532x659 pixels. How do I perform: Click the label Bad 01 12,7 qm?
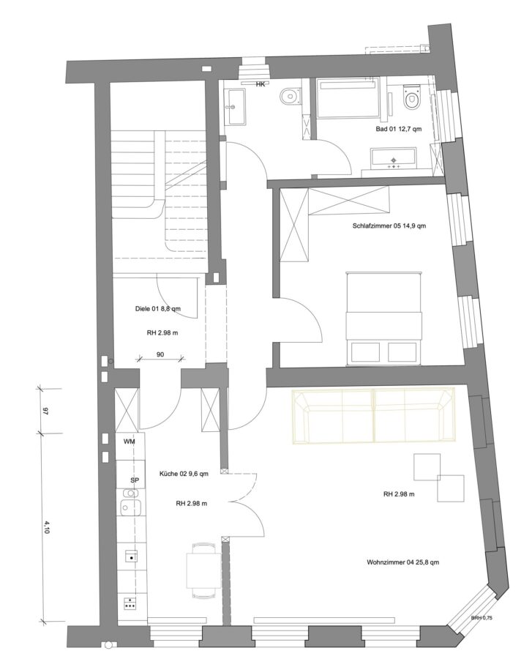pyautogui.click(x=399, y=129)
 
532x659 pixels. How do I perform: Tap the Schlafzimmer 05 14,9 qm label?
pyautogui.click(x=389, y=226)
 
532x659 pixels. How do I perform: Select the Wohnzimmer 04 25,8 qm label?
pyautogui.click(x=402, y=562)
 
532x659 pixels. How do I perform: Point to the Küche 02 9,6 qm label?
pyautogui.click(x=184, y=474)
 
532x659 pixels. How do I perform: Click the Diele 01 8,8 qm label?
pyautogui.click(x=158, y=309)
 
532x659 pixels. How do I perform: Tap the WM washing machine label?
pyautogui.click(x=129, y=442)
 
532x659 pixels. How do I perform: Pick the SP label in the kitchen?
pyautogui.click(x=135, y=480)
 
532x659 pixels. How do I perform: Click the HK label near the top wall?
pyautogui.click(x=261, y=84)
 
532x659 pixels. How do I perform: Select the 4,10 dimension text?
pyautogui.click(x=46, y=527)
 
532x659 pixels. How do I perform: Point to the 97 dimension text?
pyautogui.click(x=46, y=412)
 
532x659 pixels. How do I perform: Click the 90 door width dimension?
pyautogui.click(x=160, y=354)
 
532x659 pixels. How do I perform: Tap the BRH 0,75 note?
pyautogui.click(x=482, y=618)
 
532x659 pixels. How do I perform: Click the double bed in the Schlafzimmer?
pyautogui.click(x=383, y=319)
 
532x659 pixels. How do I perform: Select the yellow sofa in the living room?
pyautogui.click(x=373, y=416)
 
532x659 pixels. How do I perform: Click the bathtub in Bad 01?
pyautogui.click(x=348, y=97)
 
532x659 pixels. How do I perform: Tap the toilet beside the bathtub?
pyautogui.click(x=411, y=98)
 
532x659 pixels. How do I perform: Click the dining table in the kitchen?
pyautogui.click(x=203, y=570)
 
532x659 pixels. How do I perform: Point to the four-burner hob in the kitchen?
pyautogui.click(x=130, y=603)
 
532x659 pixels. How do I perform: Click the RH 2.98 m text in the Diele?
pyautogui.click(x=162, y=333)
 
